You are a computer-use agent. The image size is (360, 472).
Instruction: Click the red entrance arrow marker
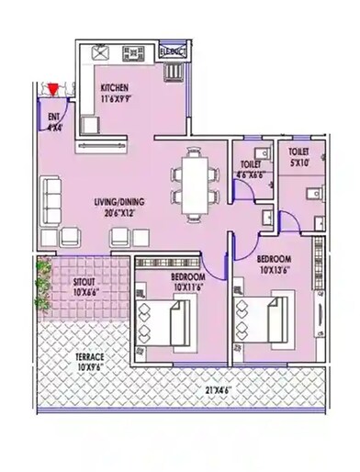55,89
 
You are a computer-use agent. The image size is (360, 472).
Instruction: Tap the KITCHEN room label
118,82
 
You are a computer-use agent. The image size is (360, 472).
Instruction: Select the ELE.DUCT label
173,53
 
